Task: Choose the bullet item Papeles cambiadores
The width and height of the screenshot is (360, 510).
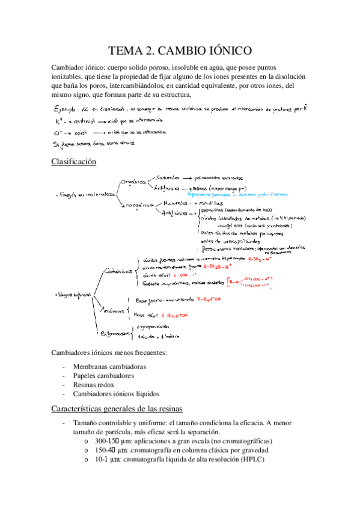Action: [x=103, y=376]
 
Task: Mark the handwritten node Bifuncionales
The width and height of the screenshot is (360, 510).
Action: [x=115, y=333]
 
